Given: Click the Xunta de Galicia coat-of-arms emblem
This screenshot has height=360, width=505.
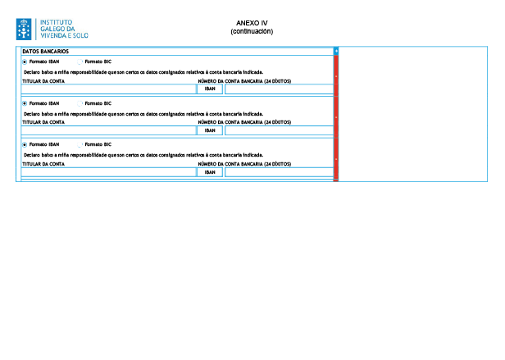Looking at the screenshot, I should coord(24,29).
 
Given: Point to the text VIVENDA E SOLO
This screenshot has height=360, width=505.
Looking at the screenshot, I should coord(65,35).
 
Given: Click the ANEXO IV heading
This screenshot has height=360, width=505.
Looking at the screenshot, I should coord(252,24).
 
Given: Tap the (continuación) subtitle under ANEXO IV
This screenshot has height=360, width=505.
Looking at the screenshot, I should coord(252,31).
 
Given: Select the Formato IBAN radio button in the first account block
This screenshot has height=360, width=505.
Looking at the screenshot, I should coord(25,62).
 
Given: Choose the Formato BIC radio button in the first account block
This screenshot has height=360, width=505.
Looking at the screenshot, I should coord(80,62).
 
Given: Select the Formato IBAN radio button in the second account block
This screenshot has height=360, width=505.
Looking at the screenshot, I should coord(25,103).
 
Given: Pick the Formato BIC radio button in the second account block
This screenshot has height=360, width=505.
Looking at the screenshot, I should coord(80,103).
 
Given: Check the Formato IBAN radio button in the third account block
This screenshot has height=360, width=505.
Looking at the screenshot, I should coord(25,144).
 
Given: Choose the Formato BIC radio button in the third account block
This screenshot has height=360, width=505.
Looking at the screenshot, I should coord(80,144).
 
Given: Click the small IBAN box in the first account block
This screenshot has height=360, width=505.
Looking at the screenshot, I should coord(210,89).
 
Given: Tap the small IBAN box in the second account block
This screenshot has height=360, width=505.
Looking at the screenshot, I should coord(210,130).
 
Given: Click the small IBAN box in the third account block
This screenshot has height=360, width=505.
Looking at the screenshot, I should coord(210,172).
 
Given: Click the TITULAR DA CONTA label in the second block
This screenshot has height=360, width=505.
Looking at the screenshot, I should coord(43,122).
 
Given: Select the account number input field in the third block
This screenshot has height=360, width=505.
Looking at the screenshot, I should coord(279,172).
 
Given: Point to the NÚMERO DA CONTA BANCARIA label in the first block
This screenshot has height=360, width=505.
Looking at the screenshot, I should coord(244,81).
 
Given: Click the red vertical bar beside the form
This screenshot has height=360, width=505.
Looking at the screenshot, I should coord(336,115).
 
